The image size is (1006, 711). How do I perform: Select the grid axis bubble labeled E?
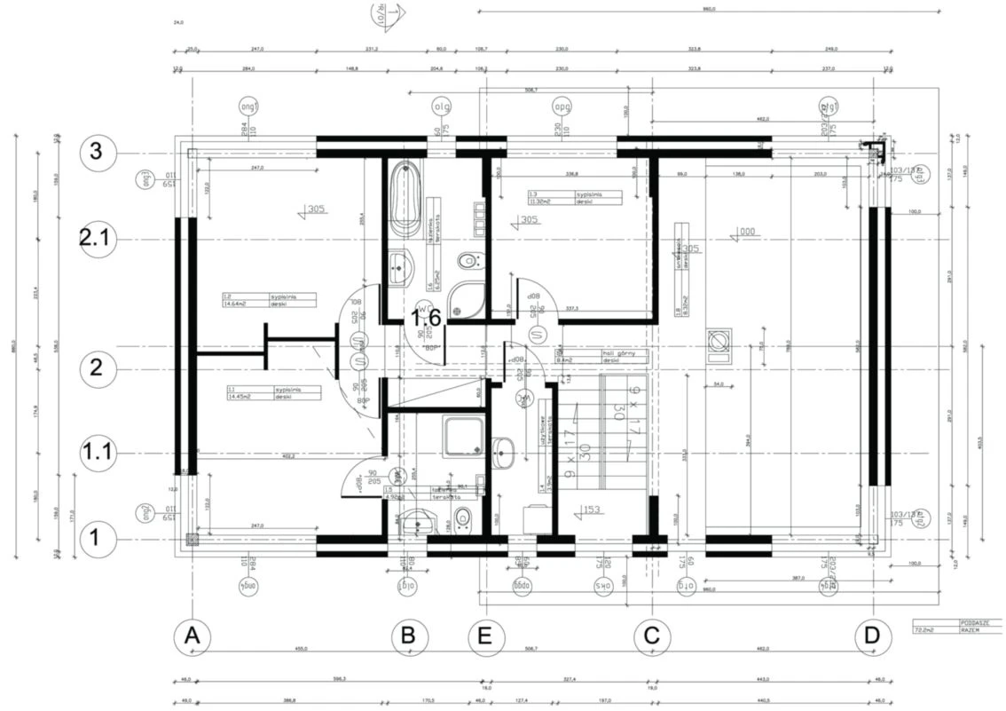(488, 636)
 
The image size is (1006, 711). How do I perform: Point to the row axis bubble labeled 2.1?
(97, 240)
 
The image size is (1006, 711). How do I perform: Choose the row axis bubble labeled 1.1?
(97, 454)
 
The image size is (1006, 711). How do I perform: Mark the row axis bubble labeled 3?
(97, 153)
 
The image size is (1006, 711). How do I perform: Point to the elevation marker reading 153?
(593, 510)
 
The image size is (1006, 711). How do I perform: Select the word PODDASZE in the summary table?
(980, 623)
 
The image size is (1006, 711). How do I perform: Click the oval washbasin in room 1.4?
(504, 451)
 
